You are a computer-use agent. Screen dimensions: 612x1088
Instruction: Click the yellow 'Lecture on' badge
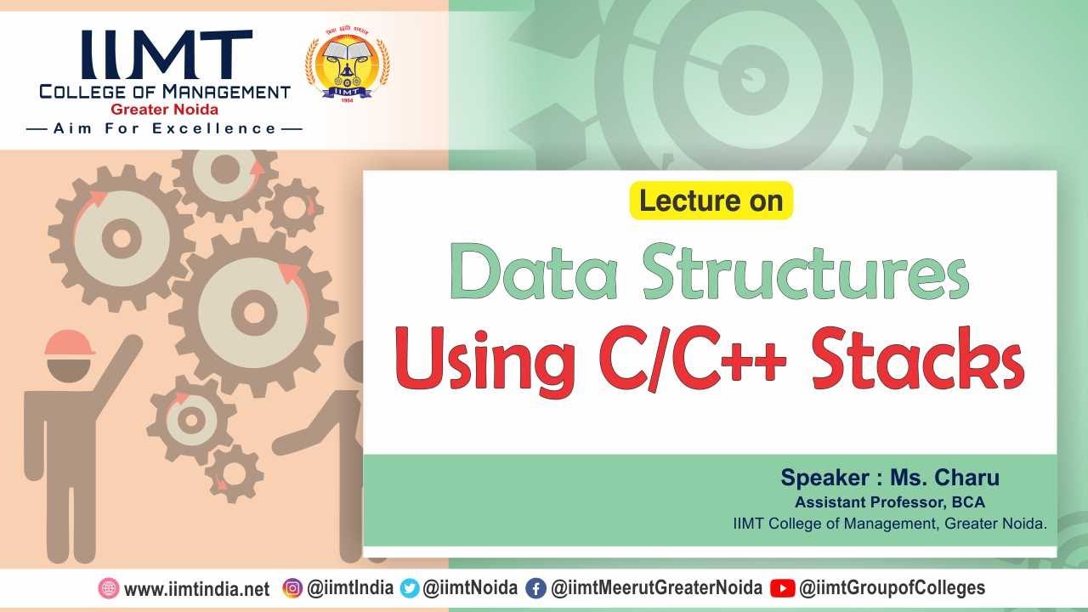[x=711, y=201]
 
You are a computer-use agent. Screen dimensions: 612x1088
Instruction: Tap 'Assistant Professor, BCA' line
[x=889, y=502]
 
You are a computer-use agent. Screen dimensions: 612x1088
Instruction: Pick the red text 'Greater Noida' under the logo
[x=164, y=110]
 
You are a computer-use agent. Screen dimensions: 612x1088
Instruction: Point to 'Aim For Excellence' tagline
[x=165, y=129]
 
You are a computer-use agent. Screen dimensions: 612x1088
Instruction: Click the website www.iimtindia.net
[x=196, y=589]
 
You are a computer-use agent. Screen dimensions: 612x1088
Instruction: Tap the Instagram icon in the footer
[x=292, y=588]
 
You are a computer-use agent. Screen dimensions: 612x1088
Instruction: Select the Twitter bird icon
[x=410, y=588]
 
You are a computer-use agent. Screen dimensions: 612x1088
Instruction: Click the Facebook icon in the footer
[x=535, y=588]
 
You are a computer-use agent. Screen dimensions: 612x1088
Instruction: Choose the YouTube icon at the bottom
[x=782, y=588]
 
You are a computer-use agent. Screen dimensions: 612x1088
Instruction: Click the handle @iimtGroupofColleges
[x=892, y=588]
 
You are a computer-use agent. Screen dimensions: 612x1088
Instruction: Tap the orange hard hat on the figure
[x=69, y=343]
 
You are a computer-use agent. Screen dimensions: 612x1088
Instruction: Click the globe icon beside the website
[x=109, y=588]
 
